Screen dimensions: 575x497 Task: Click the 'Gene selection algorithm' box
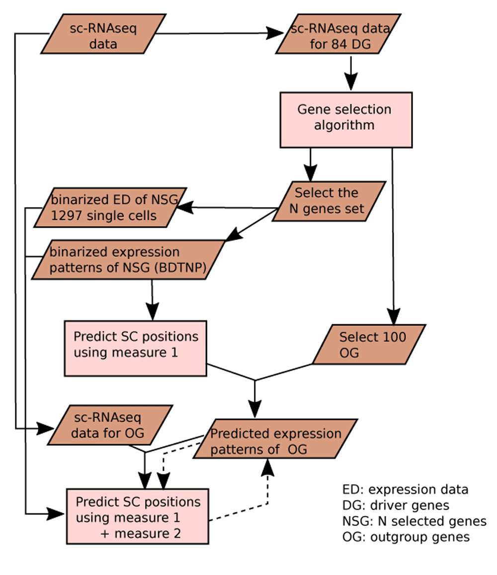click(346, 119)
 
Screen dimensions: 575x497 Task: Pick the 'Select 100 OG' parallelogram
click(369, 345)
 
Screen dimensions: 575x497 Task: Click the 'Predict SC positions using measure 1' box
click(135, 347)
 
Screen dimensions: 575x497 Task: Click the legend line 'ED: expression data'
click(405, 490)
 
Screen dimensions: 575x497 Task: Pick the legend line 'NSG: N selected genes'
click(414, 521)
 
